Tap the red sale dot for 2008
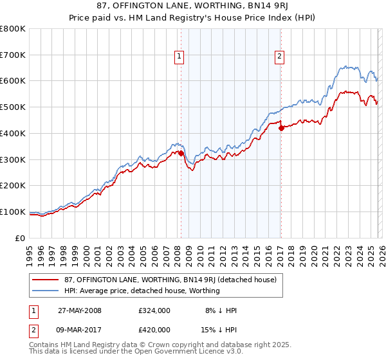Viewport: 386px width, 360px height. point(181,153)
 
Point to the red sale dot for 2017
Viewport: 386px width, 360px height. point(281,128)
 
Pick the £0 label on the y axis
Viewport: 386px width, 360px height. point(20,238)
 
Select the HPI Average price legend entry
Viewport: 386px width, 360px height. point(142,291)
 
